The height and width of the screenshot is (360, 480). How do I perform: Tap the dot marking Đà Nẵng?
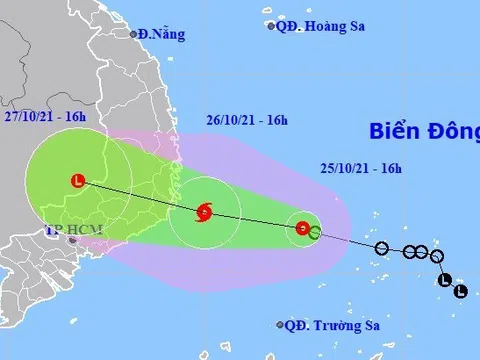pyautogui.click(x=133, y=34)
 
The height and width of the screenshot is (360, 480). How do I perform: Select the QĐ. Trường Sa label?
pyautogui.click(x=330, y=325)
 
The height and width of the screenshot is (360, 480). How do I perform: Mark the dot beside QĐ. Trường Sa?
pyautogui.click(x=279, y=325)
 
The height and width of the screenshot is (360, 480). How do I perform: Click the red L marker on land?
pyautogui.click(x=78, y=182)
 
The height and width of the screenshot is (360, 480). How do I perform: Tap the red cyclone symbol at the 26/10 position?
pyautogui.click(x=204, y=211)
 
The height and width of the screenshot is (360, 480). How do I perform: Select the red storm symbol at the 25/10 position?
pyautogui.click(x=302, y=229)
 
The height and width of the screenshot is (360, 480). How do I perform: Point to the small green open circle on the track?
pyautogui.click(x=315, y=233)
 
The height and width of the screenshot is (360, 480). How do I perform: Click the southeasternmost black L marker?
pyautogui.click(x=460, y=292)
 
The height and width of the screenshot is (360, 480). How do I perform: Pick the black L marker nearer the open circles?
pyautogui.click(x=445, y=280)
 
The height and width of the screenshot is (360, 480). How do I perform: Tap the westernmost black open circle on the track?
pyautogui.click(x=381, y=247)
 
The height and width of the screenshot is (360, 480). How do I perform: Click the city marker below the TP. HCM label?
pyautogui.click(x=72, y=241)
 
